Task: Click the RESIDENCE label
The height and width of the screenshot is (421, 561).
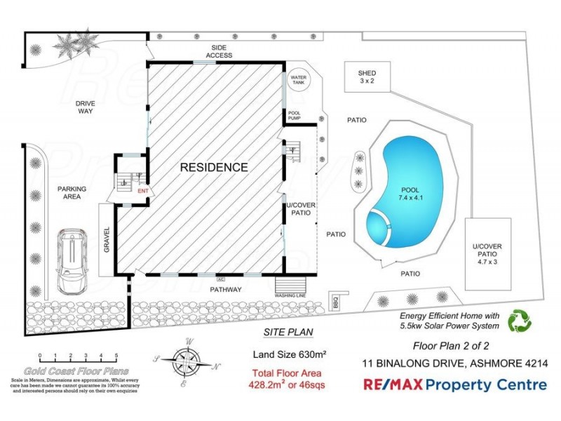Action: point(214,167)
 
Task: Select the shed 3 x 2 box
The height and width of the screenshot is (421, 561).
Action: point(367,76)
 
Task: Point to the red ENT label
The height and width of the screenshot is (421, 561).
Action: point(143,191)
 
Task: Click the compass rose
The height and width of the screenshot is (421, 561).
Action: point(187,361)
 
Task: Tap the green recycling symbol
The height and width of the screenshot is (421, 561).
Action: point(520,321)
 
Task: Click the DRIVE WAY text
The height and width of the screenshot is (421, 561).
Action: point(86,107)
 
